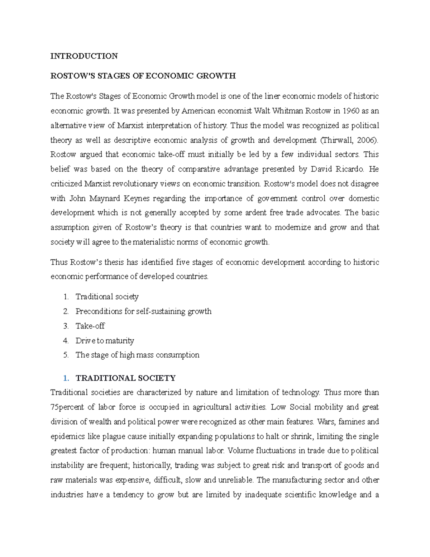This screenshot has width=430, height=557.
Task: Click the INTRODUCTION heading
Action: click(84, 56)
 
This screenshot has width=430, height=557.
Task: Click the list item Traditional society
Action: click(107, 297)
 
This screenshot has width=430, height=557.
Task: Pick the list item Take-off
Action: click(90, 326)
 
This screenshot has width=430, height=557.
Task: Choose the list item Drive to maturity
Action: click(105, 340)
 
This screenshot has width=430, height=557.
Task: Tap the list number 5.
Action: click(66, 355)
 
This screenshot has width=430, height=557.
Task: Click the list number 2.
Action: click(66, 311)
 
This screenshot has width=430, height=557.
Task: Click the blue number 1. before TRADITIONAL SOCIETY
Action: click(66, 378)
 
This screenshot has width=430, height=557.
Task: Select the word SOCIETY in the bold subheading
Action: click(158, 378)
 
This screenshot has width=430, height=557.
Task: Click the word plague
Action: click(113, 436)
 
